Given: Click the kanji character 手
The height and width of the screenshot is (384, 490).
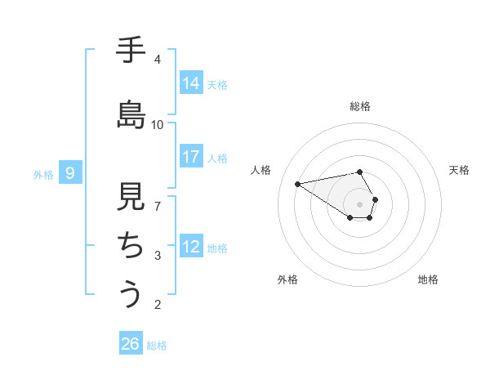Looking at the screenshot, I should point(131,51).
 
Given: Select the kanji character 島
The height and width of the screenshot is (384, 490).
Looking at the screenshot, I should point(131,114).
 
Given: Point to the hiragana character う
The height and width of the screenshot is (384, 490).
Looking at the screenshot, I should point(131,293).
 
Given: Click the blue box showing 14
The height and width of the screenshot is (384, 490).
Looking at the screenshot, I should point(191,83).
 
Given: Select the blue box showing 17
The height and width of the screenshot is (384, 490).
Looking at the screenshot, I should point(191,157).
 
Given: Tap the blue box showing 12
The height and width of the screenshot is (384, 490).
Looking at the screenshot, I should point(191,247).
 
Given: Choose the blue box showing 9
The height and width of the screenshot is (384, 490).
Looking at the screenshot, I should point(70,172).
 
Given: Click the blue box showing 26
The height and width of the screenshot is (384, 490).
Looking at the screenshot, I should point(130,344).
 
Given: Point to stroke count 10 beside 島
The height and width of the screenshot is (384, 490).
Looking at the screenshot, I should point(157,124).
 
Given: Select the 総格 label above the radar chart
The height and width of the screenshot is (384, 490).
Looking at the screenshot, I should point(359,106).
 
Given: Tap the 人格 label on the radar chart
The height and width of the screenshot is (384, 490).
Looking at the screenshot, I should point(261,170).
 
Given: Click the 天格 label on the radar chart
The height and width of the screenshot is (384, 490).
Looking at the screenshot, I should point(459,170).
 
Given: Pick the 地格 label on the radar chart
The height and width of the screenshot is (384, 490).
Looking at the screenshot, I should point(428,279).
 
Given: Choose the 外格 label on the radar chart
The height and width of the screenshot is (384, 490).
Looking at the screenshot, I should point(287,279).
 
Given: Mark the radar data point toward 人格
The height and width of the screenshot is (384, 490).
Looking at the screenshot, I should point(298,183).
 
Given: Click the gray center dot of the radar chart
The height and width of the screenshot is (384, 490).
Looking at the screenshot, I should point(359,203).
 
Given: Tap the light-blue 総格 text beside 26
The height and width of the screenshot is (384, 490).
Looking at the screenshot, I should point(157,346).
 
